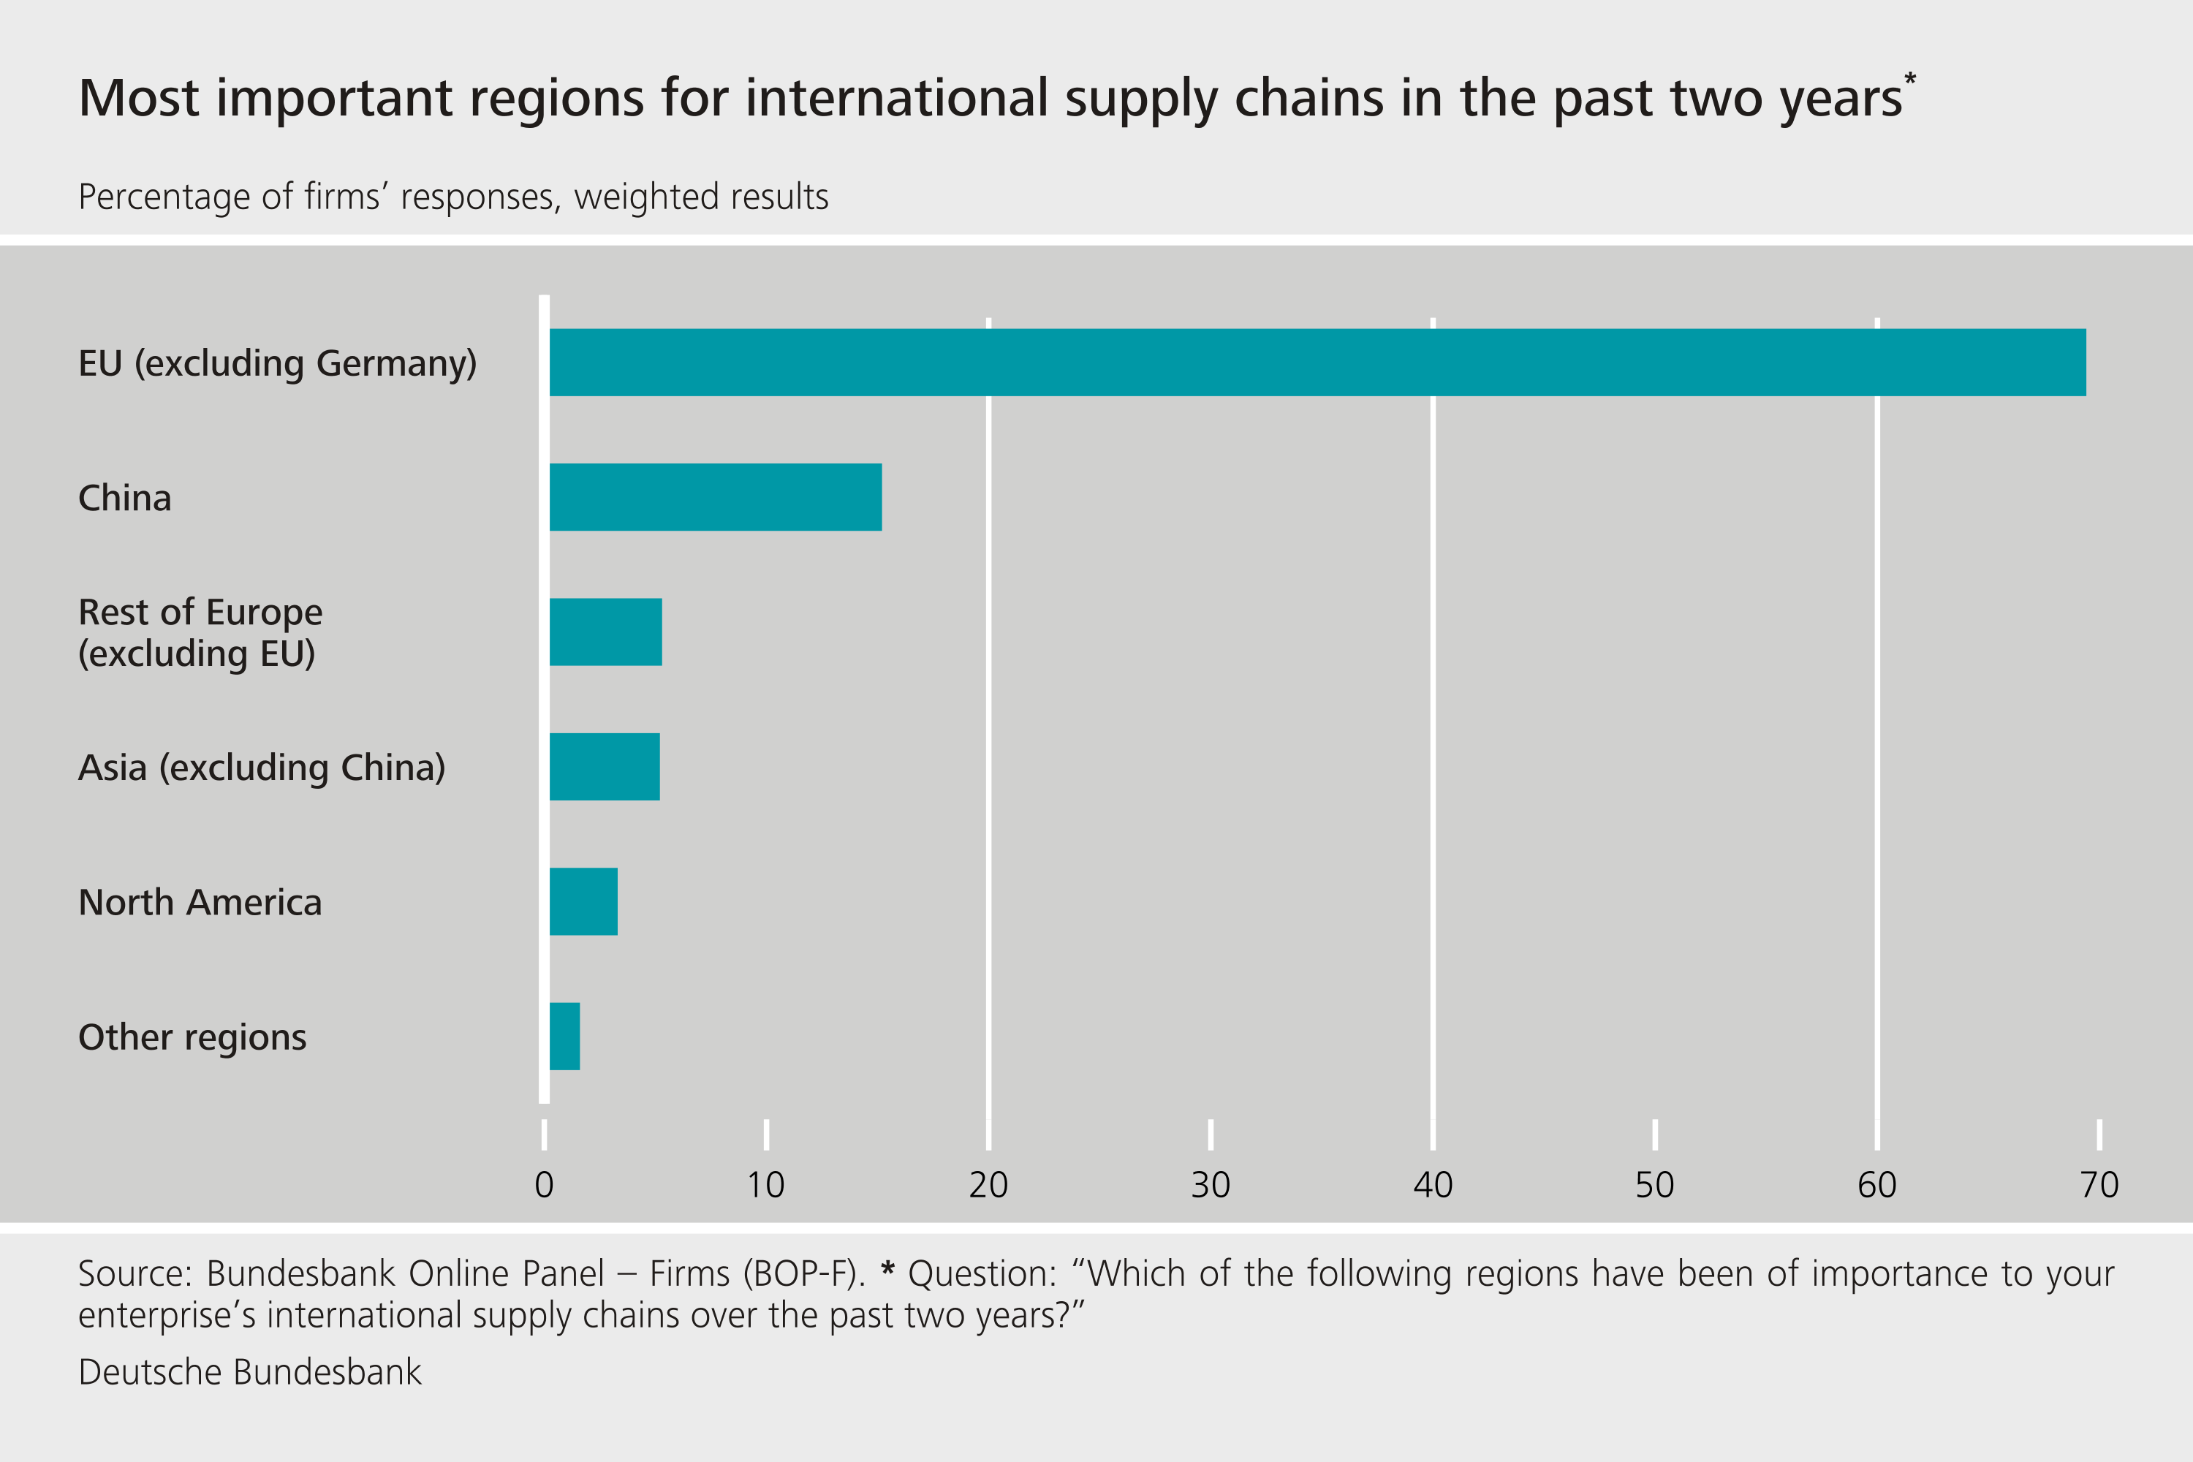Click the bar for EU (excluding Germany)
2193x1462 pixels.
click(1317, 362)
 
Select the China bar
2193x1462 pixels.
click(715, 497)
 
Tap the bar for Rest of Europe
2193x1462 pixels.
click(605, 632)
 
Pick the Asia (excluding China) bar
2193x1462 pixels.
click(605, 766)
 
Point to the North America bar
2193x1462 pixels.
click(583, 901)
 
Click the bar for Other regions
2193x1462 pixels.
click(564, 1037)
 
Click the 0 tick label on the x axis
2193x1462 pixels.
click(544, 1185)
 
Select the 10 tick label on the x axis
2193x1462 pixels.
click(765, 1185)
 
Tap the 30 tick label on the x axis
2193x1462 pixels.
click(1211, 1185)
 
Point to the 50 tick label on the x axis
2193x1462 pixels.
click(1655, 1185)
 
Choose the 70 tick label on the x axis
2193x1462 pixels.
click(2099, 1185)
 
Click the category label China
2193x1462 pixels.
click(125, 498)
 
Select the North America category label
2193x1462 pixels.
click(200, 903)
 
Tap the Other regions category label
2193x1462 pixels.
click(192, 1037)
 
